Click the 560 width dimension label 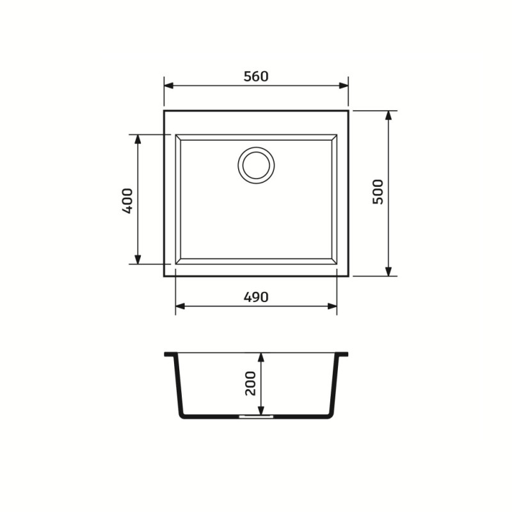pyautogui.click(x=255, y=76)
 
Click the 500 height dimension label pyautogui.click(x=378, y=191)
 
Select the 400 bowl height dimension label pyautogui.click(x=127, y=200)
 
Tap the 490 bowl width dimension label pyautogui.click(x=255, y=297)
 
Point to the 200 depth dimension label pyautogui.click(x=250, y=383)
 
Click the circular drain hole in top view pyautogui.click(x=256, y=165)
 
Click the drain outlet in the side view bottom pyautogui.click(x=256, y=416)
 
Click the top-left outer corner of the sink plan pyautogui.click(x=164, y=111)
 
